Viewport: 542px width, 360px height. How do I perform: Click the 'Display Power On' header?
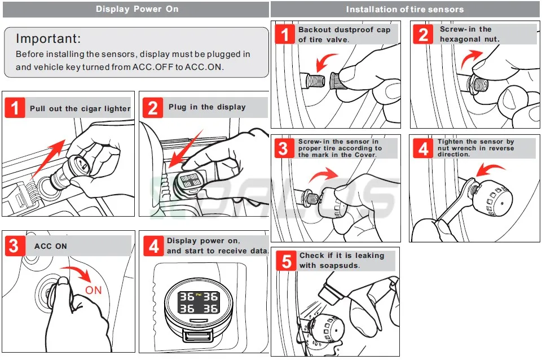(137, 9)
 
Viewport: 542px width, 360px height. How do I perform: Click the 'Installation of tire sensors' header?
(404, 9)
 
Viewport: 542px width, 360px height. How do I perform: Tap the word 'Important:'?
(48, 39)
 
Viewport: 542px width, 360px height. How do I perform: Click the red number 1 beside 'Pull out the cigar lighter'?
(15, 108)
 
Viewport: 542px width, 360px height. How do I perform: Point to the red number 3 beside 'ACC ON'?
(15, 246)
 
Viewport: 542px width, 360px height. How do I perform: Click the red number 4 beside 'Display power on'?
(153, 245)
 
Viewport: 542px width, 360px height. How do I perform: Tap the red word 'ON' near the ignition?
(94, 289)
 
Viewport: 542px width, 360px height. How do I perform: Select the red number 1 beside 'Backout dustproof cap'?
(285, 34)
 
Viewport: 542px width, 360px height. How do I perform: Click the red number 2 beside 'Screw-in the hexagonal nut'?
(424, 34)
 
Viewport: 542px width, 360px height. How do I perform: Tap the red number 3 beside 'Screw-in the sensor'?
(284, 148)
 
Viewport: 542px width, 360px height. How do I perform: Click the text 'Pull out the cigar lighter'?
(80, 108)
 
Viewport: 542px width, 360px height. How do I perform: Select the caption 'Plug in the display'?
(207, 107)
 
